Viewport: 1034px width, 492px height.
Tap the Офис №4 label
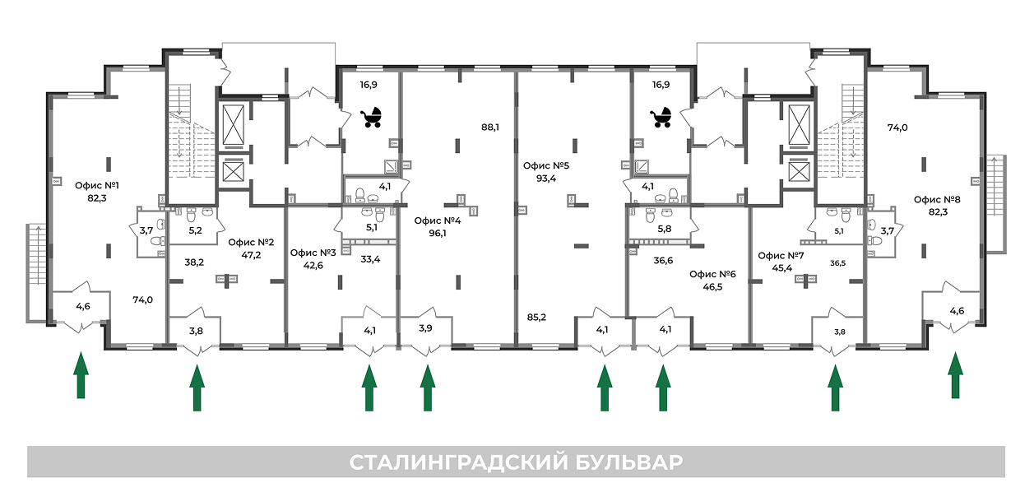coord(437,220)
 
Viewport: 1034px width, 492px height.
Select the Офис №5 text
coord(546,165)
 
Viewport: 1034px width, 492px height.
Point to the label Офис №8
coord(937,199)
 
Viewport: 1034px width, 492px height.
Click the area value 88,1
coord(491,128)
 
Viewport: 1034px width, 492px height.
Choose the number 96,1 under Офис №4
coord(437,233)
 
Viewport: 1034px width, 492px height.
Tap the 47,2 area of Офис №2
coord(250,255)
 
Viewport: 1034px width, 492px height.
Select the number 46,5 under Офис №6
coord(712,287)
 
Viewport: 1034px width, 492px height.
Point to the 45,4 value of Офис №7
coord(780,267)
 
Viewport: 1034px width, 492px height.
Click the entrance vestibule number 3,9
coord(425,328)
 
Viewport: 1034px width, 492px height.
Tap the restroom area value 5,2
coord(195,230)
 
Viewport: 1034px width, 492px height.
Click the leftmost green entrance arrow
coord(81,376)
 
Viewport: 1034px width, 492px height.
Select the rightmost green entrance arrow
coord(955,376)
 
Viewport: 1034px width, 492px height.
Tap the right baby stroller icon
coord(661,118)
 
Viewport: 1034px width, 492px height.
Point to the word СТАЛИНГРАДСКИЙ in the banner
coord(455,462)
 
